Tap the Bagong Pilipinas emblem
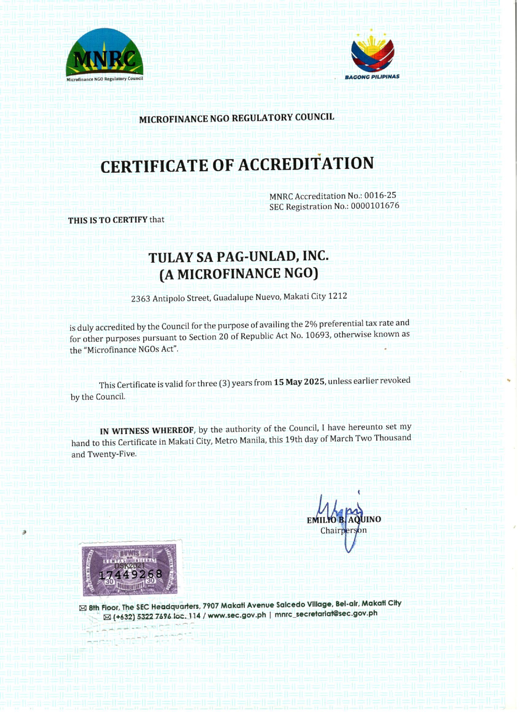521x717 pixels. point(372,54)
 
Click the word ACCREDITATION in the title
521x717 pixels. point(306,164)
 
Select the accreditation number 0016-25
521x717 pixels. point(380,195)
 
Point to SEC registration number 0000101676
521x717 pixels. point(375,205)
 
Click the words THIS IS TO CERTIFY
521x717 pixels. point(107,220)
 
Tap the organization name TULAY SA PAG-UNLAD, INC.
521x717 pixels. point(238,257)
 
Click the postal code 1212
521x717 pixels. point(338,296)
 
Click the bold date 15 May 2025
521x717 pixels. point(299,382)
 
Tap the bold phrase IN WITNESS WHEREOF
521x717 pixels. point(147,431)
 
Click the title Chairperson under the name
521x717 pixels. point(343,531)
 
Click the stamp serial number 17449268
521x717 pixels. point(131,575)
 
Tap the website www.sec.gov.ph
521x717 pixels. point(237,615)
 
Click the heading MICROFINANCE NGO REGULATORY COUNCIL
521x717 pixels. point(237,118)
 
